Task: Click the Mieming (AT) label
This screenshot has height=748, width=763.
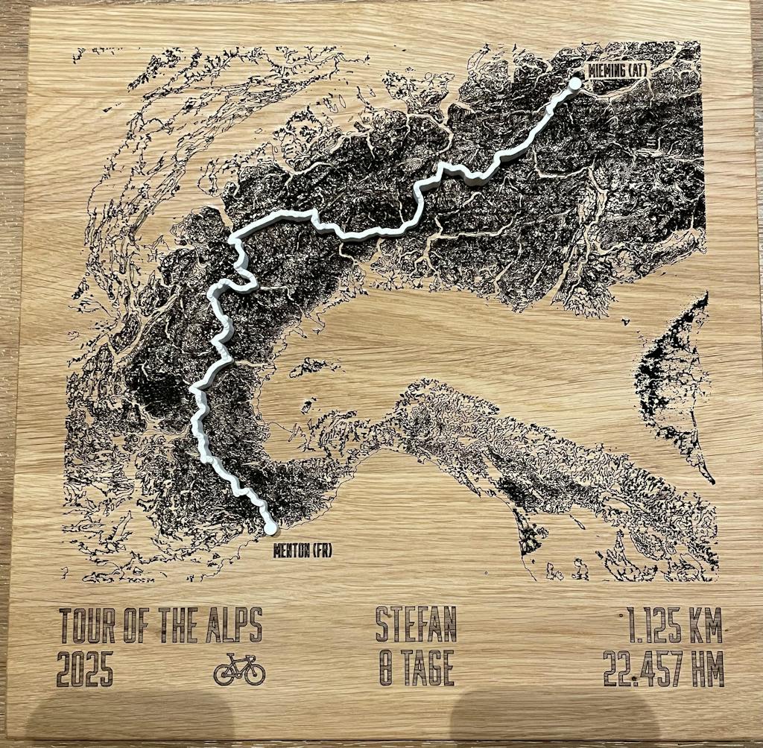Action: (618, 70)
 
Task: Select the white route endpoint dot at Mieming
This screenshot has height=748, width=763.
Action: (574, 84)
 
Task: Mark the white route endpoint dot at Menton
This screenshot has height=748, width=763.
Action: (270, 528)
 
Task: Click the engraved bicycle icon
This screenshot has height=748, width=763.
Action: (239, 670)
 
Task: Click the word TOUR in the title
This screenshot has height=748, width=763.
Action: (87, 626)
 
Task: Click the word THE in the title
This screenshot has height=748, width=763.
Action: (177, 626)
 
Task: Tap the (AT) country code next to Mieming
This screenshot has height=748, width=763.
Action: (638, 70)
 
